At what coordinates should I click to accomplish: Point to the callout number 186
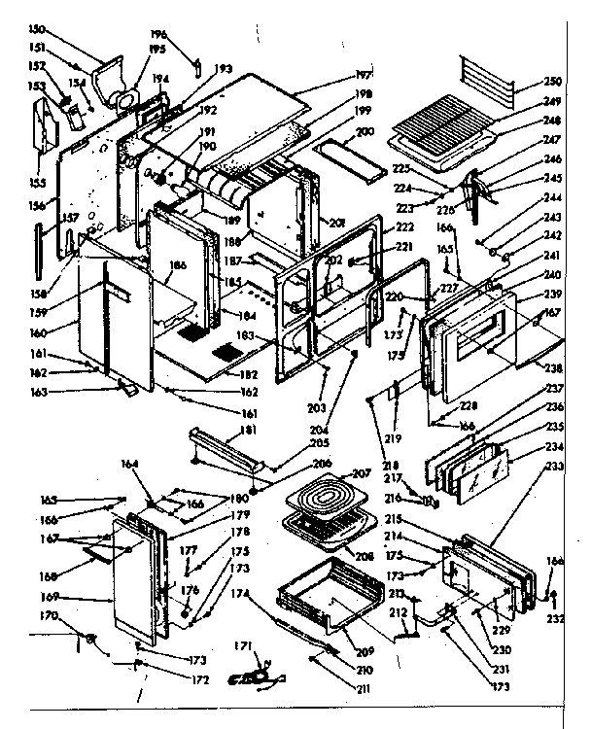[177, 264]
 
